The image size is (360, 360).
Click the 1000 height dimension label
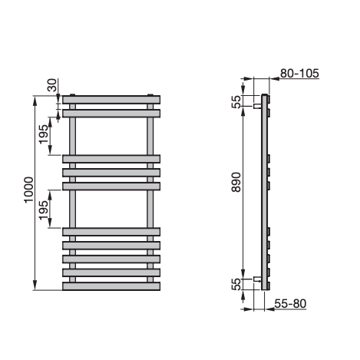pyautogui.click(x=28, y=190)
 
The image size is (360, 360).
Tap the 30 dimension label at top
pyautogui.click(x=52, y=85)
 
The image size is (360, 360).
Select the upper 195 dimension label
pyautogui.click(x=43, y=134)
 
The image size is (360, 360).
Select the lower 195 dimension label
pyautogui.click(x=43, y=210)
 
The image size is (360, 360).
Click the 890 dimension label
pyautogui.click(x=236, y=182)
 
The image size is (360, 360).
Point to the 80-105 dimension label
pyautogui.click(x=299, y=74)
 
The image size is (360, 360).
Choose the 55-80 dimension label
pyautogui.click(x=290, y=304)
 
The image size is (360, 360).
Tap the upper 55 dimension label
pyautogui.click(x=236, y=101)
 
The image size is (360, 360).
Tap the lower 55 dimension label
pyautogui.click(x=236, y=284)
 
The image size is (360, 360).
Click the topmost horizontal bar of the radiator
pyautogui.click(x=111, y=100)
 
